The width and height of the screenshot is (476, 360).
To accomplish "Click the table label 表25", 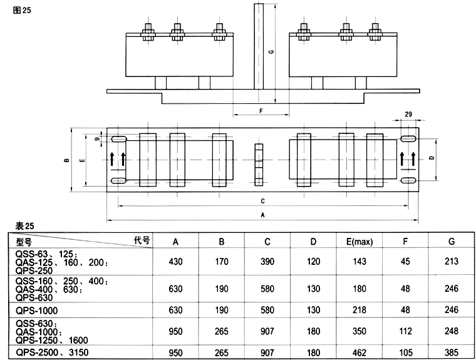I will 18,225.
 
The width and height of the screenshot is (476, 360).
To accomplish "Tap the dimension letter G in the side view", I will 270,52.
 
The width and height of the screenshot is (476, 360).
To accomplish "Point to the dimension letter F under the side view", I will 261,111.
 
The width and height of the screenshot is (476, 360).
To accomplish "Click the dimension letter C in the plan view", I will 262,201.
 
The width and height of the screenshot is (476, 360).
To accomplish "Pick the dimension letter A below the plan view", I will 262,214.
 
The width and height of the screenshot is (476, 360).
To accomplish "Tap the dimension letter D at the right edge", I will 433,158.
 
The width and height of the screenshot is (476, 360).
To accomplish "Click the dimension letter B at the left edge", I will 66,161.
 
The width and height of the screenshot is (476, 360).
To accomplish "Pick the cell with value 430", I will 176,262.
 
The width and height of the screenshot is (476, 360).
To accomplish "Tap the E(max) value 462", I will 359,353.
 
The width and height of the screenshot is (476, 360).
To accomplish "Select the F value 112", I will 405,331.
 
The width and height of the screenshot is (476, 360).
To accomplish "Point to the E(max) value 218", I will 359,309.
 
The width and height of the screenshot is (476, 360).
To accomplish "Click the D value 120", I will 314,262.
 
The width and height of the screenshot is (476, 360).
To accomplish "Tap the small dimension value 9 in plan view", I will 97,138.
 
